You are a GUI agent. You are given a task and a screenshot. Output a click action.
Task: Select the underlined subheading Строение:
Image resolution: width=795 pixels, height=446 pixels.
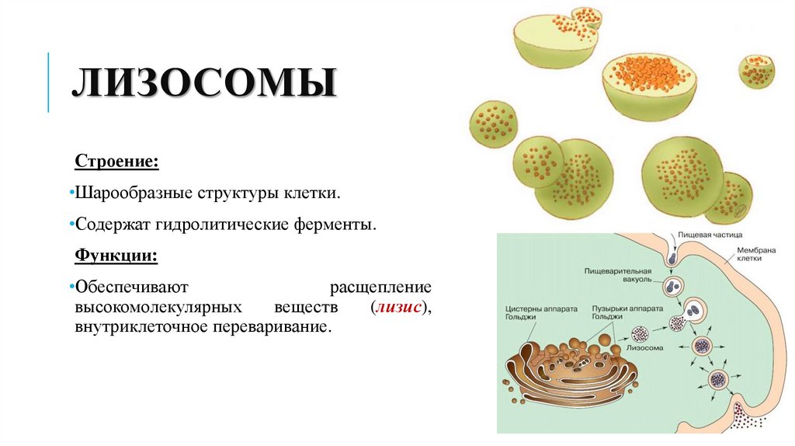(117, 162)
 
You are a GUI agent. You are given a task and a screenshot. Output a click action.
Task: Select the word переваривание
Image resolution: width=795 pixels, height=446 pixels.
(272, 327)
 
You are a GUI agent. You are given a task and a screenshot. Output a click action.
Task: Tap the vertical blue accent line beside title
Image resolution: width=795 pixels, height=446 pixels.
(49, 82)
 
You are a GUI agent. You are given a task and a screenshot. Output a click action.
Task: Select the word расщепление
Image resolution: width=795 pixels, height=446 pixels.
(381, 287)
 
